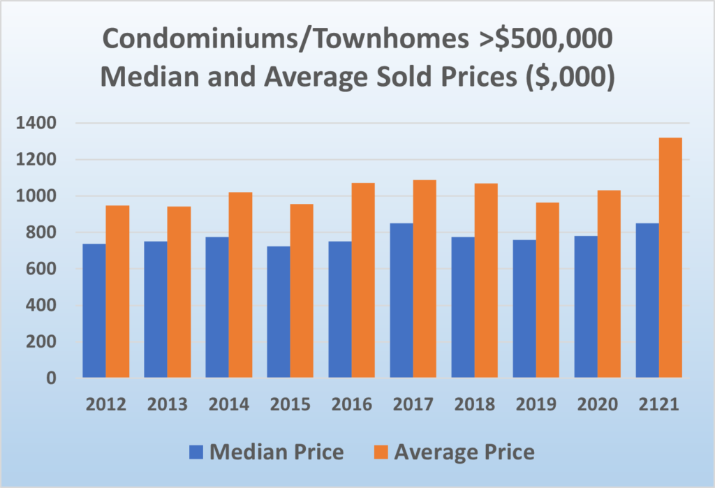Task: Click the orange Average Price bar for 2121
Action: click(x=670, y=258)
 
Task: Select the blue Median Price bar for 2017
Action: click(x=401, y=301)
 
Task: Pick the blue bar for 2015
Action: click(x=279, y=312)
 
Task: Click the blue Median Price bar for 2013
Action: click(x=156, y=310)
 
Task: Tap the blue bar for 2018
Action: click(x=463, y=307)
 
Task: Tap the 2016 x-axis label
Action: click(x=351, y=405)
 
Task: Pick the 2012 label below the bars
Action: click(x=105, y=405)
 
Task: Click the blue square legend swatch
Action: click(x=197, y=452)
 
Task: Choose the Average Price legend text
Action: click(x=465, y=452)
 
